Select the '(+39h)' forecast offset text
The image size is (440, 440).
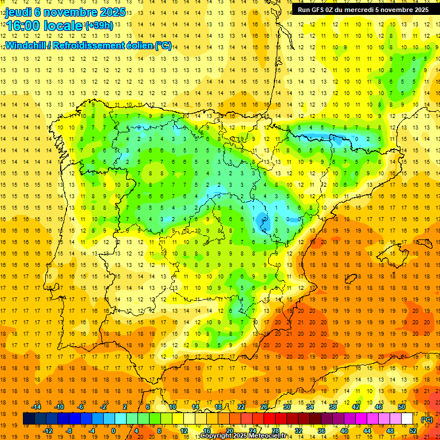tap(99, 26)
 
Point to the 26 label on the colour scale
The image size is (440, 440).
tap(264, 407)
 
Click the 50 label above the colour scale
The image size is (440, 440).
tap(402, 407)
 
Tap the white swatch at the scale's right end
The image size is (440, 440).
tap(407, 419)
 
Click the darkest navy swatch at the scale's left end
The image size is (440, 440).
tap(29, 419)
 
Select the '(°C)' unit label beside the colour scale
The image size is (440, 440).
tap(427, 419)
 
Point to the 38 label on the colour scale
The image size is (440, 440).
tap(333, 407)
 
